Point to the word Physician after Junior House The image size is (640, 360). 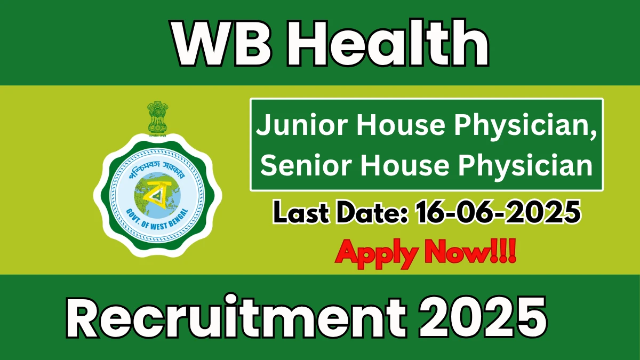pyautogui.click(x=526, y=126)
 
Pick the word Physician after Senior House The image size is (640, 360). pyautogui.click(x=526, y=166)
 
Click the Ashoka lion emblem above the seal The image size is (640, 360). pyautogui.click(x=157, y=118)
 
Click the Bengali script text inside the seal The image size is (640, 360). pyautogui.click(x=157, y=169)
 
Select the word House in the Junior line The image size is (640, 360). pyautogui.click(x=401, y=126)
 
